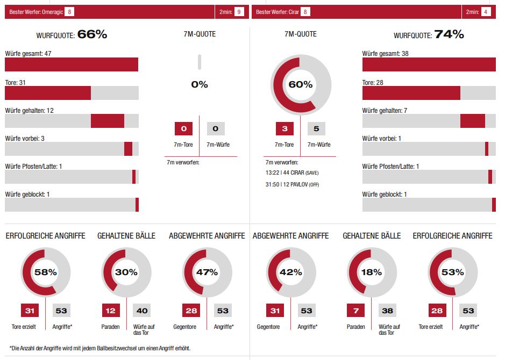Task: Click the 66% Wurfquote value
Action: pyautogui.click(x=93, y=34)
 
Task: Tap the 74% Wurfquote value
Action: pyautogui.click(x=449, y=34)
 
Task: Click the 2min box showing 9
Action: pyautogui.click(x=239, y=12)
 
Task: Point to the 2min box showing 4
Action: pyautogui.click(x=486, y=12)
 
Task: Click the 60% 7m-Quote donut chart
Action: pyautogui.click(x=300, y=84)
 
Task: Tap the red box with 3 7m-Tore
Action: pyautogui.click(x=284, y=128)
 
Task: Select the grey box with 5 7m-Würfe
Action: pyautogui.click(x=316, y=128)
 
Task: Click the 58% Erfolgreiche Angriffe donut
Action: pyautogui.click(x=46, y=272)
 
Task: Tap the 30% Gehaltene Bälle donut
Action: pyautogui.click(x=126, y=272)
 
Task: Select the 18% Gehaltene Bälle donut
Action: pyautogui.click(x=371, y=272)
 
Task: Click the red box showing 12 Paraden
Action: pyautogui.click(x=111, y=310)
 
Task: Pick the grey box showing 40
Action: pyautogui.click(x=142, y=310)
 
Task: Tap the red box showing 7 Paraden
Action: pyautogui.click(x=355, y=310)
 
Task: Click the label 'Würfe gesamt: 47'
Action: pyautogui.click(x=28, y=54)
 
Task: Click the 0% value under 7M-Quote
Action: pyautogui.click(x=199, y=84)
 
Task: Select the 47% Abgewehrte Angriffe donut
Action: pyautogui.click(x=207, y=272)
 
